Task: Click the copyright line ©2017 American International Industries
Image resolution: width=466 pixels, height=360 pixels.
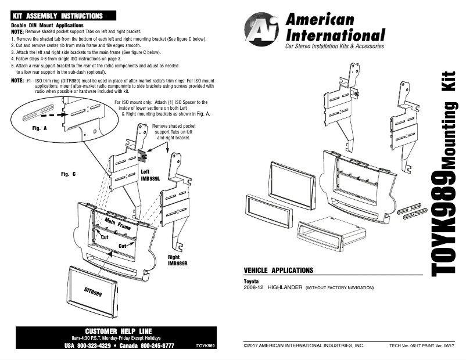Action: (303, 345)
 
